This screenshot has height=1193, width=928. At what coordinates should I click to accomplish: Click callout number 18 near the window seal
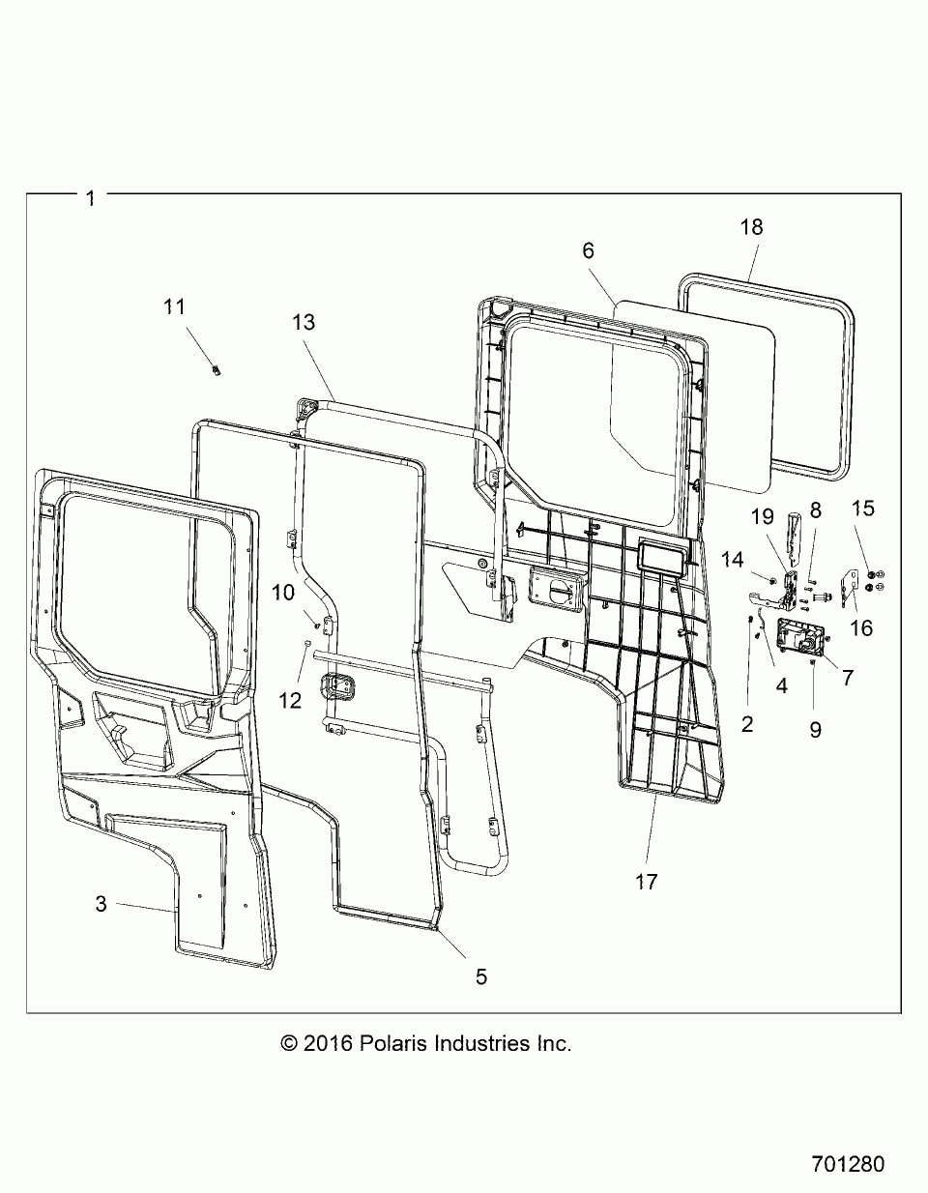(751, 227)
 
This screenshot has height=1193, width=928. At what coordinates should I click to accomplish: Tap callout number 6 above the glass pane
(588, 250)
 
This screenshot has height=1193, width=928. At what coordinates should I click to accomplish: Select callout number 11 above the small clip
(174, 306)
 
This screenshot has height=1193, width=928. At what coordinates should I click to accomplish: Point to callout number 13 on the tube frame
(304, 322)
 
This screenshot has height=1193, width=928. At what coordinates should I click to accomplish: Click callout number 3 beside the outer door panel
(101, 904)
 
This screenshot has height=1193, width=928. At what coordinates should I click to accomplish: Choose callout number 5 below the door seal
(480, 976)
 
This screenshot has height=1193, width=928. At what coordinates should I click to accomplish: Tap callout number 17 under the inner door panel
(646, 882)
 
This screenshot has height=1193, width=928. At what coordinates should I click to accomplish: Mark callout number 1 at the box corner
(91, 198)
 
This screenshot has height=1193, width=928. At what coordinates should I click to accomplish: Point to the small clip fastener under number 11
(217, 370)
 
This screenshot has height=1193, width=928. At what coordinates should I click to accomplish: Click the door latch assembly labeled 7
(800, 639)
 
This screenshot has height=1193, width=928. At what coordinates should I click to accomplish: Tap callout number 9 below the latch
(816, 730)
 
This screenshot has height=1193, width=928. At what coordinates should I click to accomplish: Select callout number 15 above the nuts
(862, 508)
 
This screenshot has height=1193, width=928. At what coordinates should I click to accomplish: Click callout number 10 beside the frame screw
(283, 593)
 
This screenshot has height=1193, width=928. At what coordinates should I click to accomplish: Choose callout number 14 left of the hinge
(732, 560)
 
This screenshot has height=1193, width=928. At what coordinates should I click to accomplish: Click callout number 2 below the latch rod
(747, 725)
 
